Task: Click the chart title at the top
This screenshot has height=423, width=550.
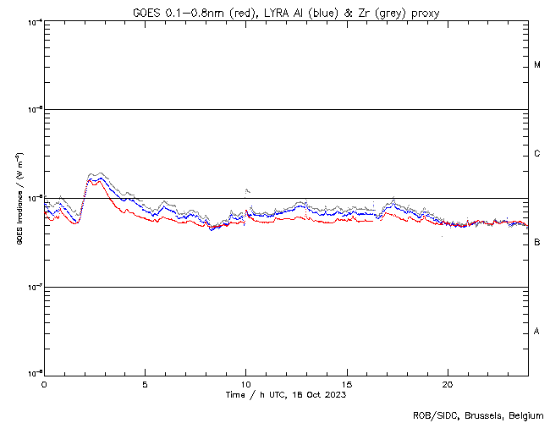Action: click(x=286, y=11)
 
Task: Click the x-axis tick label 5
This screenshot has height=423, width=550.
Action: click(x=145, y=383)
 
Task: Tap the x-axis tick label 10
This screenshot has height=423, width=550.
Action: click(x=245, y=383)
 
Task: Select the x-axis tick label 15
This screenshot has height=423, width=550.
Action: click(x=347, y=383)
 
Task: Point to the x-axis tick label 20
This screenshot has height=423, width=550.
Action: click(x=448, y=383)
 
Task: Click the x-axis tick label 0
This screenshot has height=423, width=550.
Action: click(x=44, y=383)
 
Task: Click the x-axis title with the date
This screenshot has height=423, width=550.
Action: click(x=286, y=394)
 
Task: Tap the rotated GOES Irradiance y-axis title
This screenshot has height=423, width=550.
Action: click(x=19, y=199)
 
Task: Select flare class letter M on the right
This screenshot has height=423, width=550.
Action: click(x=537, y=65)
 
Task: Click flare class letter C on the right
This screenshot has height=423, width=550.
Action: click(x=537, y=154)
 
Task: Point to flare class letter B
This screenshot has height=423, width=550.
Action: click(x=537, y=243)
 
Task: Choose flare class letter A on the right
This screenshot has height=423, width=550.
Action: click(x=537, y=332)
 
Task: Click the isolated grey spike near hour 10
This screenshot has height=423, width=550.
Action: click(x=246, y=190)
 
